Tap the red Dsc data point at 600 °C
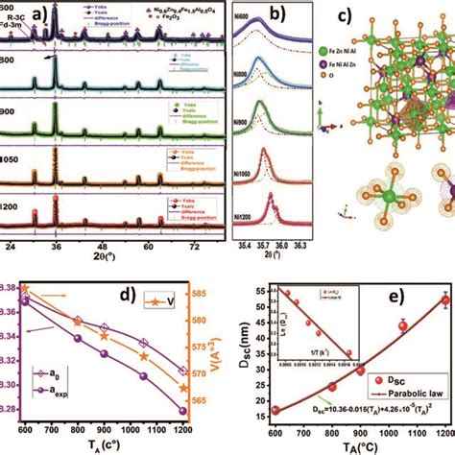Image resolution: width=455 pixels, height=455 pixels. (274, 410)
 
